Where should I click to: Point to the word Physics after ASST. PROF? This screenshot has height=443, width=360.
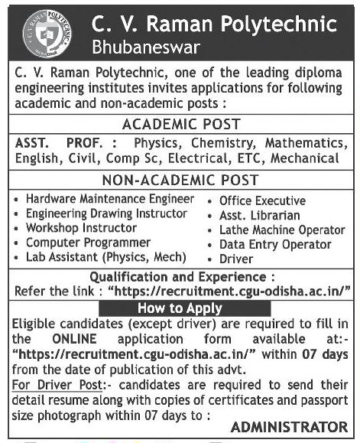click(x=154, y=143)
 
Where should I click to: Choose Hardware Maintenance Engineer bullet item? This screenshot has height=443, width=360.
click(x=110, y=198)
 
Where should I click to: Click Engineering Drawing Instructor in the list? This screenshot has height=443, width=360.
click(x=106, y=213)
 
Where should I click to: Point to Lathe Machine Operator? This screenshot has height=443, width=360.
click(x=282, y=230)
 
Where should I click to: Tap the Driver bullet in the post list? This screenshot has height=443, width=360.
click(x=235, y=259)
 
